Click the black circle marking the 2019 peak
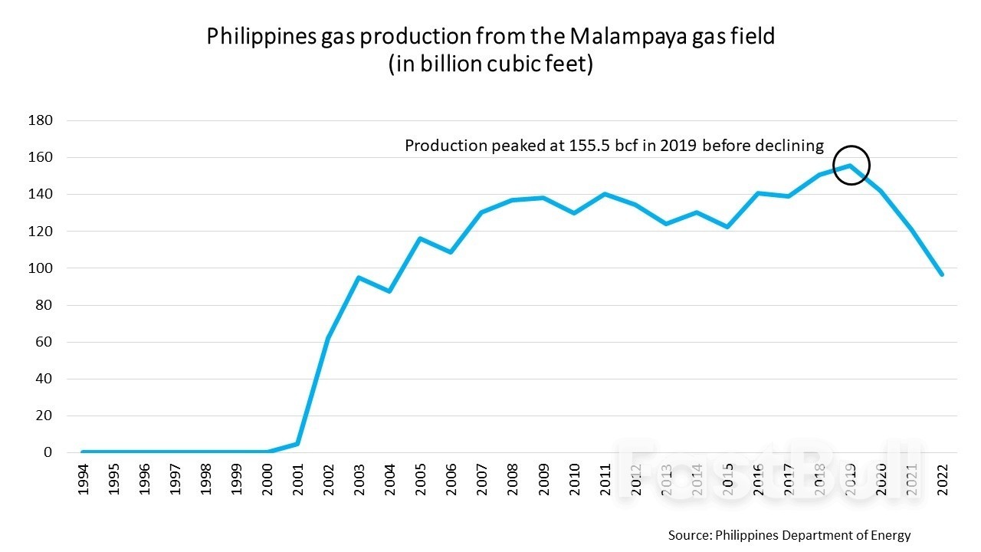click(x=851, y=165)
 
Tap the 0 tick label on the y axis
click(x=48, y=452)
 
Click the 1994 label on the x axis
click(x=82, y=479)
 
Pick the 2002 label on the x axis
click(x=329, y=479)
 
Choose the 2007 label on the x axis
click(x=482, y=479)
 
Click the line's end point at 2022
click(x=942, y=274)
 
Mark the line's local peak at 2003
click(x=359, y=278)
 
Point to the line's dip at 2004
click(x=389, y=291)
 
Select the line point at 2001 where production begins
click(x=297, y=444)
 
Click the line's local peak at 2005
click(x=420, y=238)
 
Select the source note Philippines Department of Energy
click(x=789, y=534)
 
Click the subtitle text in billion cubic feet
click(x=490, y=64)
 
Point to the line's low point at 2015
click(x=727, y=227)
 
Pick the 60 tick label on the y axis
click(x=42, y=342)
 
